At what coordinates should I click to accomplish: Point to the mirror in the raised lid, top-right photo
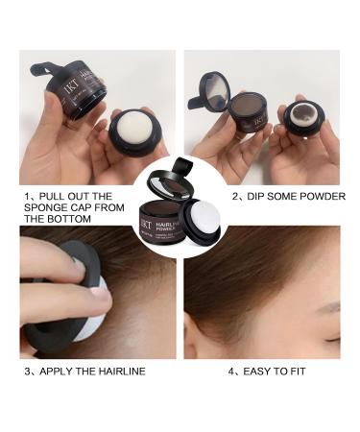pos(217,84)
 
